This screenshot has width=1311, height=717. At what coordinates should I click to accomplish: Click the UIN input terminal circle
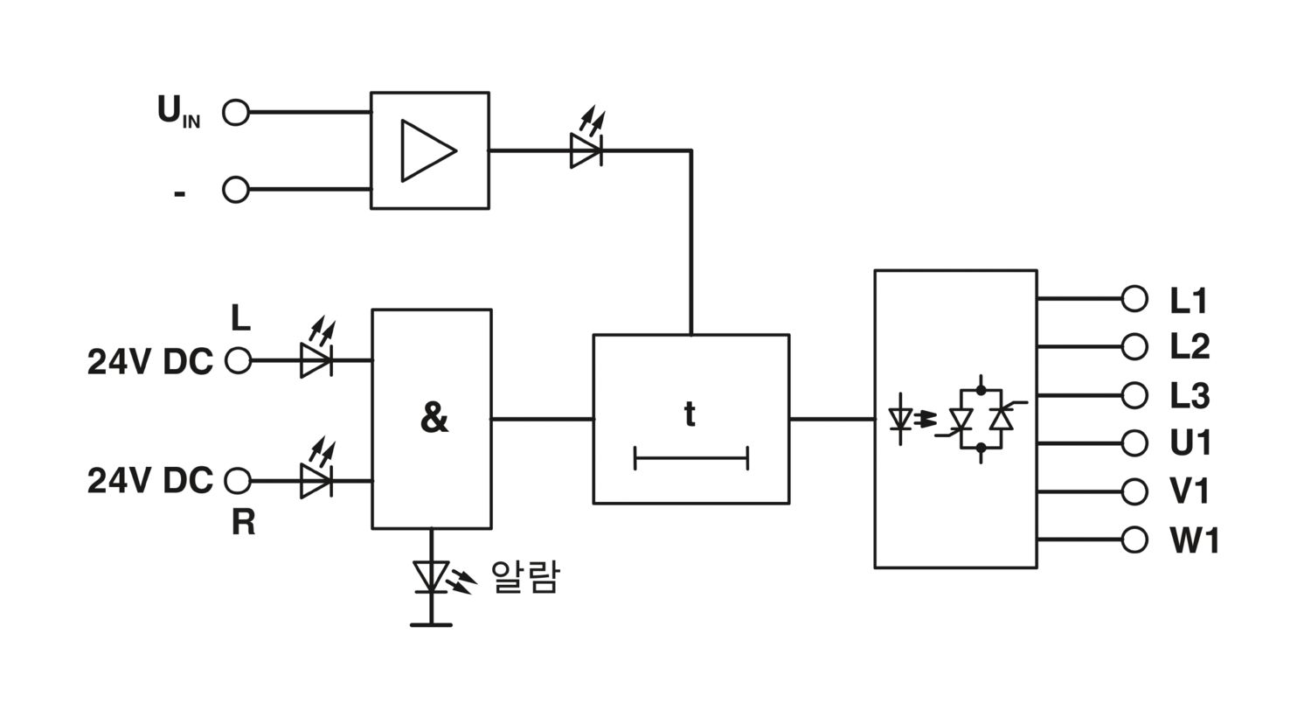(236, 112)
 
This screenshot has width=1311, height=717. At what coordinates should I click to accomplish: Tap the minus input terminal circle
(236, 190)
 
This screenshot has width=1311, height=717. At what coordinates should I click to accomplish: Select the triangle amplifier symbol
(428, 151)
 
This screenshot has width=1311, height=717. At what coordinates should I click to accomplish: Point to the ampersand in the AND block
(434, 418)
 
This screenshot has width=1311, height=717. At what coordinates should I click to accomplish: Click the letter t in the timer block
(690, 414)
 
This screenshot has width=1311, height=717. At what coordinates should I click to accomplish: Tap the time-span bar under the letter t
(691, 458)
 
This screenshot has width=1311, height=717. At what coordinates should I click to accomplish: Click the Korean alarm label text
(525, 577)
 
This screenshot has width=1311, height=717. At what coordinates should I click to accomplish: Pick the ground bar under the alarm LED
(432, 625)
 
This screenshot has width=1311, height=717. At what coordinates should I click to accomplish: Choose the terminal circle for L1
(1134, 298)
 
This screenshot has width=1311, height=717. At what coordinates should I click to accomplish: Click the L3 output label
(1190, 396)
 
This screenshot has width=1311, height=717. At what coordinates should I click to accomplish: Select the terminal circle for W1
(1134, 539)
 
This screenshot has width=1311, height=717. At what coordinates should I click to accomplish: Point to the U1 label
(1190, 443)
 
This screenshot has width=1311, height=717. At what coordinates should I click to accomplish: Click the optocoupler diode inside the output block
(900, 419)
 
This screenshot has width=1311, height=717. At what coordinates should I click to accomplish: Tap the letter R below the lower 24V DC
(244, 522)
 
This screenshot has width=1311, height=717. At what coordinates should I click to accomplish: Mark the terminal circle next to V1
(1134, 491)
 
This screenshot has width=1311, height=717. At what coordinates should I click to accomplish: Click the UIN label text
(178, 111)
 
